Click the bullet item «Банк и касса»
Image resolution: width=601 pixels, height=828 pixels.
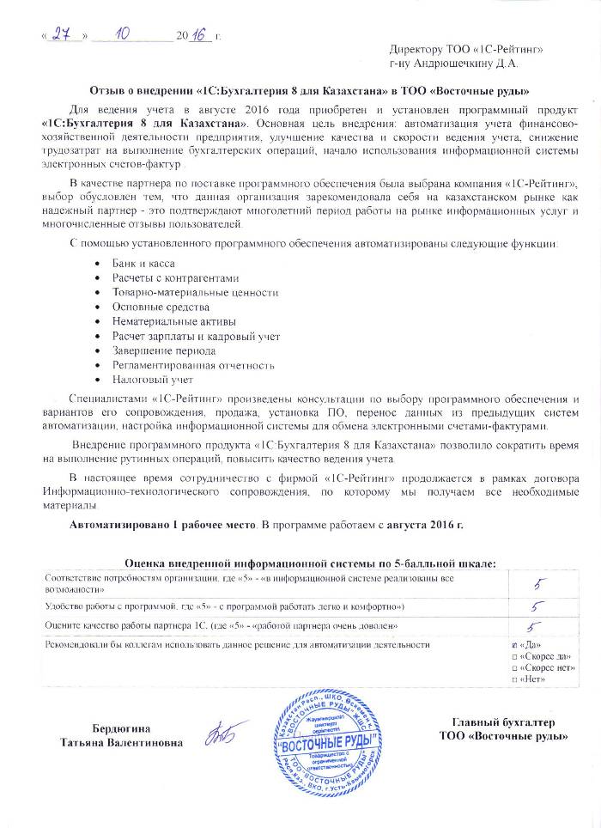tap(142, 262)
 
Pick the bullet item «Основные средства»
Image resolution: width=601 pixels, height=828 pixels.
tap(155, 307)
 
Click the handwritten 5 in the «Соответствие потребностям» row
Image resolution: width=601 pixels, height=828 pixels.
tap(539, 584)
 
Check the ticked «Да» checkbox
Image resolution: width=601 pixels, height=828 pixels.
tap(514, 643)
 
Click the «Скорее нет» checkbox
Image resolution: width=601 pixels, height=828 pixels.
tap(514, 667)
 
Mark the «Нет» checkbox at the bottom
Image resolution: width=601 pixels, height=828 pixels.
tap(514, 679)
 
